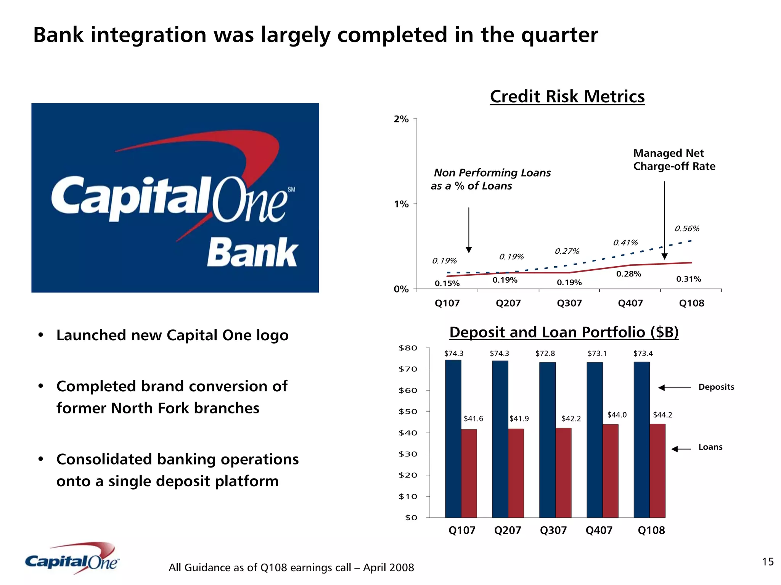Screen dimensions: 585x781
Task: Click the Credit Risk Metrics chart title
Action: [567, 96]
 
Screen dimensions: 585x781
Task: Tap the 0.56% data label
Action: [687, 228]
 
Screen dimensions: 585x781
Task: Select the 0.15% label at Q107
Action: [447, 283]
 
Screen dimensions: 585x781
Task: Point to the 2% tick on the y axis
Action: [401, 119]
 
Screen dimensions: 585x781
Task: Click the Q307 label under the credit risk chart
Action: [569, 303]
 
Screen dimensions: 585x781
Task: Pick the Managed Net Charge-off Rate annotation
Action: [674, 160]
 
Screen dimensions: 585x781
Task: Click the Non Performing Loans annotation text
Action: [491, 179]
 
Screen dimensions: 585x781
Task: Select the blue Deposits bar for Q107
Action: [453, 439]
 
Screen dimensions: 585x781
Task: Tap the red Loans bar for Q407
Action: [610, 471]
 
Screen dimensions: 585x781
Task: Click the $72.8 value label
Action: [545, 354]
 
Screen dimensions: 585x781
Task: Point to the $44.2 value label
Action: [662, 415]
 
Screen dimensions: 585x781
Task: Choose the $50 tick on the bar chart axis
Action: [408, 411]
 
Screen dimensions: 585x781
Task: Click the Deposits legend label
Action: [716, 387]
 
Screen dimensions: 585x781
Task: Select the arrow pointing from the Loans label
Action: [681, 449]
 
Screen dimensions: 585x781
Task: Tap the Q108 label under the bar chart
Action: [651, 530]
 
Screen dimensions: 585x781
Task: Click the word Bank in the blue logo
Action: [252, 252]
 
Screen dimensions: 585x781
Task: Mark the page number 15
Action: [768, 562]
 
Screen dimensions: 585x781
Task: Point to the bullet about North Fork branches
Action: [172, 397]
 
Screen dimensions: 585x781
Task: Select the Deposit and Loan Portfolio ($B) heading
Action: [564, 332]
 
